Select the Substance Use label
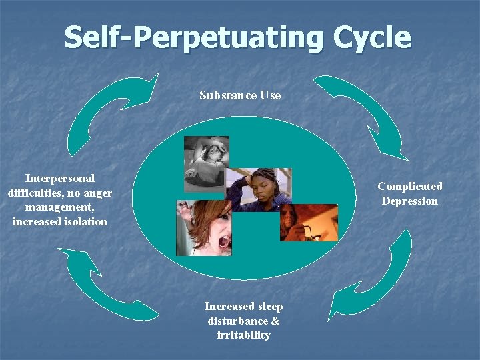pos(240,95)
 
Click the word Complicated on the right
pos(410,187)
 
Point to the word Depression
pos(410,201)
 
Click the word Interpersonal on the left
pos(60,179)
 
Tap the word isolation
pos(82,221)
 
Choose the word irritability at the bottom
pos(243,335)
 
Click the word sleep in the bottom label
pos(269,307)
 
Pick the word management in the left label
pos(59,207)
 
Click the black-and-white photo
pos(206,163)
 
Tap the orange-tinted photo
pos(309,223)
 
